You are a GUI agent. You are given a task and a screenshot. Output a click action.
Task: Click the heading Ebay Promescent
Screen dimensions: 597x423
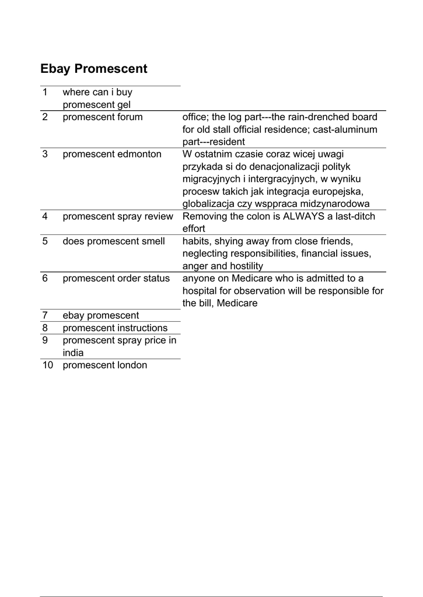point(94,69)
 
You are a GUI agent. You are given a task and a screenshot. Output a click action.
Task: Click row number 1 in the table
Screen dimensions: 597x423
point(45,92)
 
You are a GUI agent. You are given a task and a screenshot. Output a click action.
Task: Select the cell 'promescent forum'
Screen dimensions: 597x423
point(103,117)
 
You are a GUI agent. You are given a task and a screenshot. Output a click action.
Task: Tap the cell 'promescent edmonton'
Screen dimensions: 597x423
point(111,154)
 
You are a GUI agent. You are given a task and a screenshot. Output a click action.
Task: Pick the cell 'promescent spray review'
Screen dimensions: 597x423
point(118,217)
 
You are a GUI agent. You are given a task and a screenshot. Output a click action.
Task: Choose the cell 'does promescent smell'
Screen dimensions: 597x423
point(114,241)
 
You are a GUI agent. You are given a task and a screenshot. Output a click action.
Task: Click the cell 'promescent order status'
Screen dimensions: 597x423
point(116,279)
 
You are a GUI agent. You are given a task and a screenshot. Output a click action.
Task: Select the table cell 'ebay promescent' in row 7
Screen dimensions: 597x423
point(101,315)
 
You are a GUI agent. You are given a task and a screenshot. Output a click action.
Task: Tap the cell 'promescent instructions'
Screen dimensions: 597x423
point(115,328)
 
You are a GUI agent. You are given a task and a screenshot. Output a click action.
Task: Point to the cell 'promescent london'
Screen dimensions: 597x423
point(105,366)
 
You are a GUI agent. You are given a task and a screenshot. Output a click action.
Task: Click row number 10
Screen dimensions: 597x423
point(47,366)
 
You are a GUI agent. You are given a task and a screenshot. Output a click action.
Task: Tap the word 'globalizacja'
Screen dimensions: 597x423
point(208,204)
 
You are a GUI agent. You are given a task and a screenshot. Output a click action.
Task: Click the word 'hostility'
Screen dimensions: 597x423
point(244,266)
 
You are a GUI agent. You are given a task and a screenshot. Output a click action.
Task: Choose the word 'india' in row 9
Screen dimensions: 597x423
point(73,353)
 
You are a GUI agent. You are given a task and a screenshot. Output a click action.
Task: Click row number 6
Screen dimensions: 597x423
point(45,279)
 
